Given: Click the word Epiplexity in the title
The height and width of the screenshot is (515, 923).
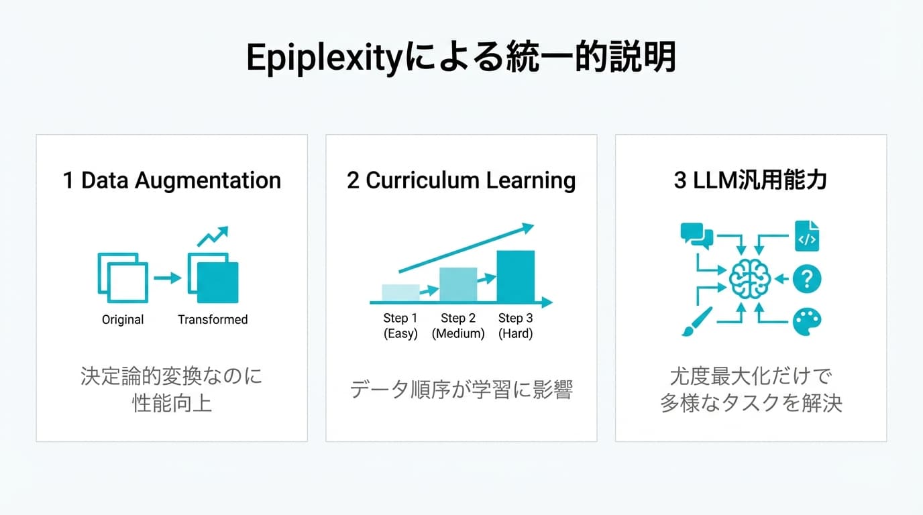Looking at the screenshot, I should coord(321,59).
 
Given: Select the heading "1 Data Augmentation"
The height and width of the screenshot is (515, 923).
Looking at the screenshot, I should coord(172,180).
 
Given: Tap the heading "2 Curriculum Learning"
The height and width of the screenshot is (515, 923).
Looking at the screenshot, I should coord(461,180).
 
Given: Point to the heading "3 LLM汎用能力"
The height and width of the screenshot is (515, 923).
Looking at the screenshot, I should coord(750,180).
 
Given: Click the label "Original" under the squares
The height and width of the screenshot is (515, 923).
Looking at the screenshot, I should coord(123,320).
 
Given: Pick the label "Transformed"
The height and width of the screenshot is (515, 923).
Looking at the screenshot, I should coord(213,320).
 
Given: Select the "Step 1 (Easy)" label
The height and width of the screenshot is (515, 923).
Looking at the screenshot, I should coord(400,325).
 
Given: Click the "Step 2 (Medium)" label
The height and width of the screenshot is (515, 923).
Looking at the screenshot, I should coord(458,325).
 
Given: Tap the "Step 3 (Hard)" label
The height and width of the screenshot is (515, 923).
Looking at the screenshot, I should coord(515,325).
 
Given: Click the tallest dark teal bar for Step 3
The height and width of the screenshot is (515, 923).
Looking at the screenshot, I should coord(515,276).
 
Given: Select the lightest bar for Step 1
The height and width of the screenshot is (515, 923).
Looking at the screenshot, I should coord(400,293).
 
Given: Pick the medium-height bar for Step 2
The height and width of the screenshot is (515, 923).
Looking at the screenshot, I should coord(458,285).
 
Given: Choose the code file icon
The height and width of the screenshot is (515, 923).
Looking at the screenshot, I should coord(806,236).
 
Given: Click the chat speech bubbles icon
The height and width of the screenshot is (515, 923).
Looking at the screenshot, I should coord(696,235).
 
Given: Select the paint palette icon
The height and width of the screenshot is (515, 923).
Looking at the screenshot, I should coord(806,322).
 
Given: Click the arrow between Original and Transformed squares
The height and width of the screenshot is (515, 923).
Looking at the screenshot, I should coord(167,278).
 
